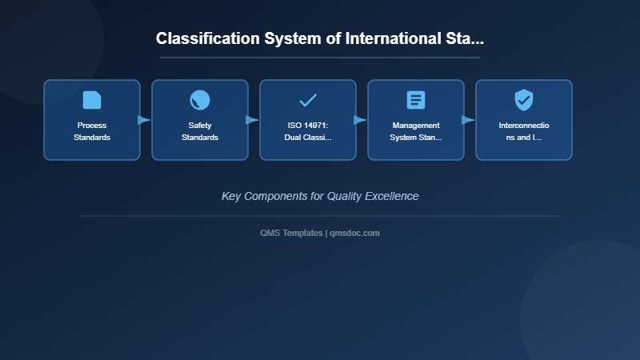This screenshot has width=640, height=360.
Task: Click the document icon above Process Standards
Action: tap(92, 100)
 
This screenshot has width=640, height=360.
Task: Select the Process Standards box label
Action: tap(92, 131)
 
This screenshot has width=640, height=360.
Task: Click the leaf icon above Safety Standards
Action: tap(200, 100)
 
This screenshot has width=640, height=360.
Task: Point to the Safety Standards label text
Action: tap(200, 131)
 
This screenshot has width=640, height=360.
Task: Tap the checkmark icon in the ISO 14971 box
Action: tap(308, 100)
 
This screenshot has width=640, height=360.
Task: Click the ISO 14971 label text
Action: tap(308, 131)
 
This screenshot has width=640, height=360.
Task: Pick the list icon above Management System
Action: tap(416, 100)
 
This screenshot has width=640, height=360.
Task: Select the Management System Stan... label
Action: tap(416, 131)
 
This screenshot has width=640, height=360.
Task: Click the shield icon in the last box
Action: tap(524, 100)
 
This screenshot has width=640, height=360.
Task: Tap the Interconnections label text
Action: tap(524, 131)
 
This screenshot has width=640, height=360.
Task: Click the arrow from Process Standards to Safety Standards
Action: tap(144, 120)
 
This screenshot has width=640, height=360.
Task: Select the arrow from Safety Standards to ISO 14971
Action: tap(252, 120)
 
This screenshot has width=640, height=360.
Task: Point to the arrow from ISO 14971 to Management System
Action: tap(360, 120)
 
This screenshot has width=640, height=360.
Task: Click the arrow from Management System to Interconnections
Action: tap(468, 120)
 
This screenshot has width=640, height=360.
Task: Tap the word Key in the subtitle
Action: tap(231, 196)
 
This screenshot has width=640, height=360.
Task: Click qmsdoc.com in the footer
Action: tap(354, 233)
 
